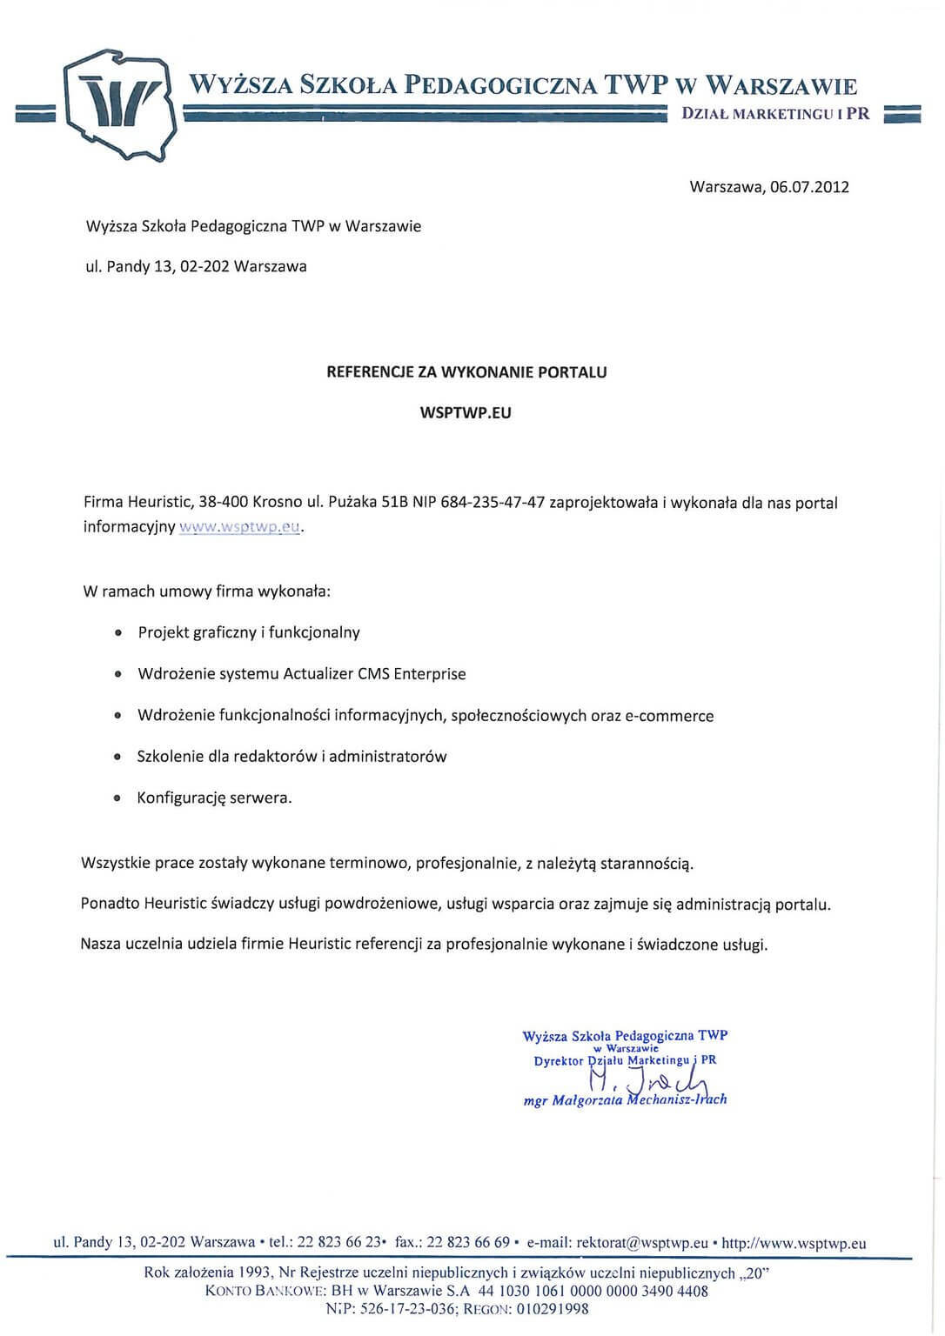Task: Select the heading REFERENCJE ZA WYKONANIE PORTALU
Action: click(x=466, y=372)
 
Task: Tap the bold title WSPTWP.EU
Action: click(x=466, y=413)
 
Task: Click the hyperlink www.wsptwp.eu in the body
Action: click(x=239, y=527)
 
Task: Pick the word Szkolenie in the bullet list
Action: click(x=169, y=757)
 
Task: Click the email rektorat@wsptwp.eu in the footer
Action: click(x=642, y=1243)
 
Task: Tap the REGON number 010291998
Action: click(x=554, y=1308)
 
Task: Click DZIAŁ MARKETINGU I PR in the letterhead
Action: click(x=775, y=114)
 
